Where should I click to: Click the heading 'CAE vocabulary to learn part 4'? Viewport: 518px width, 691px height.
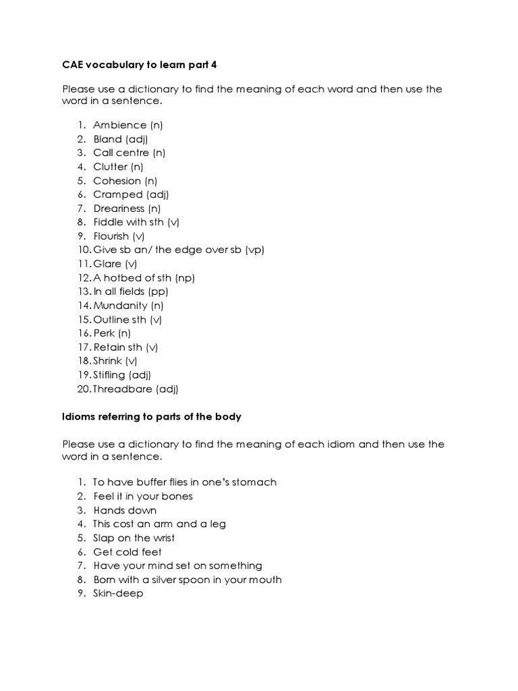point(141,65)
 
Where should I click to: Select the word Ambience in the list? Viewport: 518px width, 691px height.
point(119,125)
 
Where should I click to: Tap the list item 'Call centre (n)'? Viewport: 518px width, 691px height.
point(129,153)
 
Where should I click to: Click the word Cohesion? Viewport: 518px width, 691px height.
point(117,181)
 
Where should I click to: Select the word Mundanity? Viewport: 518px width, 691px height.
point(120,306)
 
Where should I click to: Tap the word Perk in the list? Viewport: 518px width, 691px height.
point(104,333)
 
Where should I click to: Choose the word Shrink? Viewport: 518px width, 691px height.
point(108,361)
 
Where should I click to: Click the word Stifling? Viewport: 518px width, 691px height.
point(111,375)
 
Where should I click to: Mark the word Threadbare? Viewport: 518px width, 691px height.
point(123,389)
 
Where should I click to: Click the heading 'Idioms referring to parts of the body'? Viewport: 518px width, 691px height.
point(152,417)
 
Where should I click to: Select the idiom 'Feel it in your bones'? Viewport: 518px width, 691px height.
point(143,496)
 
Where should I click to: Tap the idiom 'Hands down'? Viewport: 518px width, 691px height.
point(125,510)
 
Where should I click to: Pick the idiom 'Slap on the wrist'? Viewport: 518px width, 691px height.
point(134,538)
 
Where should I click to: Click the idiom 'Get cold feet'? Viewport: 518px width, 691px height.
point(127,552)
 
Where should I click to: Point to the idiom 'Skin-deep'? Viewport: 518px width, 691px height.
point(118,594)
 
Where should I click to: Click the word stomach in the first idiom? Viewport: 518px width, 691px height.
point(255,482)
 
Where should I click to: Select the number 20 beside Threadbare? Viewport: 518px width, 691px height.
point(84,389)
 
